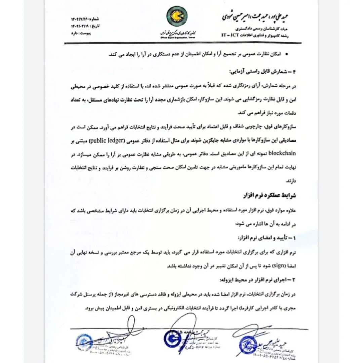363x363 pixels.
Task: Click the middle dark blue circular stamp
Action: (x=173, y=339)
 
